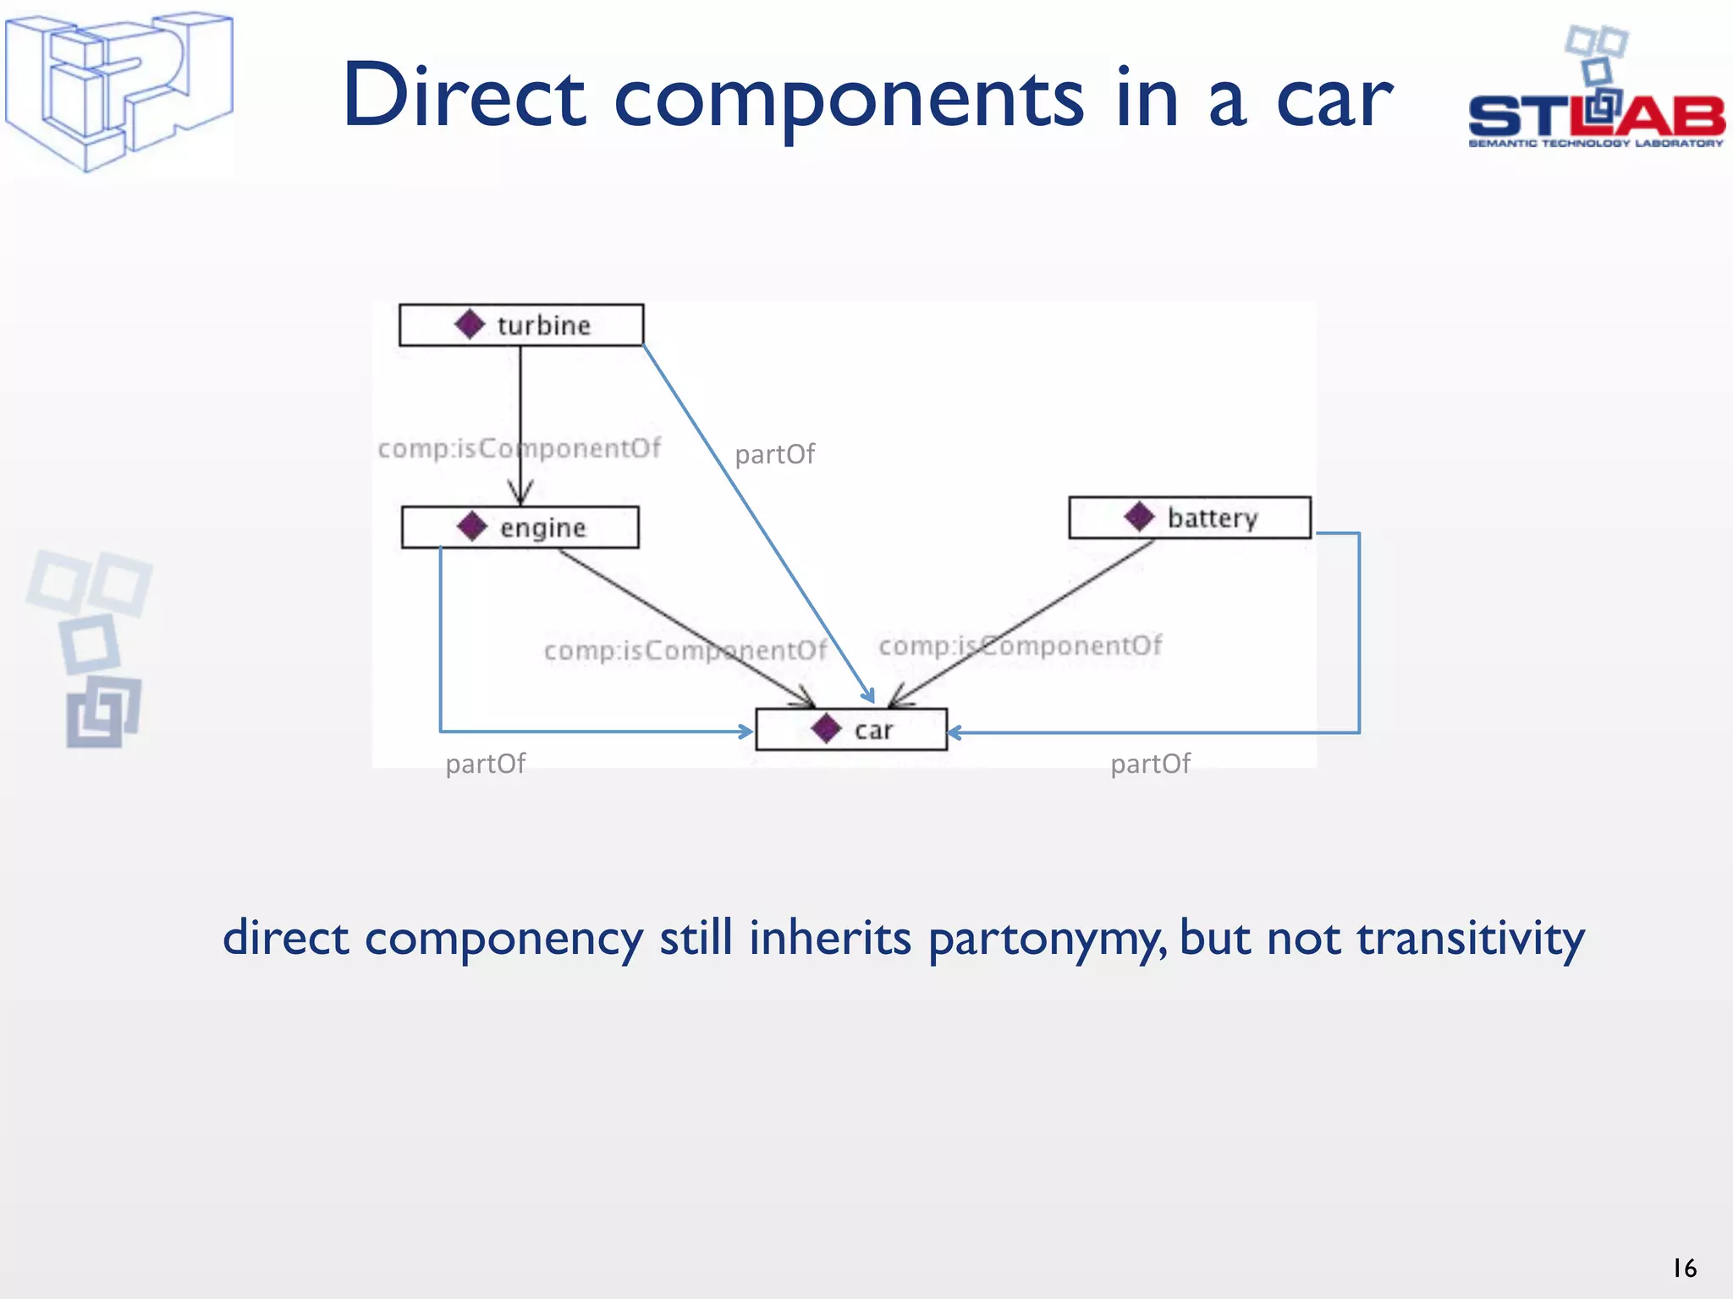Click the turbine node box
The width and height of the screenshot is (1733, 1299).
520,325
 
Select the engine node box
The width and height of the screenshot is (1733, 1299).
520,528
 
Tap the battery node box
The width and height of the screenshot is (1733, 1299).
1189,518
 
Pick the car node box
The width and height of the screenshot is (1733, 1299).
850,730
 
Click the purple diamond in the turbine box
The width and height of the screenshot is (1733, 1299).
470,324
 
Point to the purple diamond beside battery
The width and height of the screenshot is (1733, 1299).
1139,517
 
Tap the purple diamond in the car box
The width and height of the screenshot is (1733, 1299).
826,729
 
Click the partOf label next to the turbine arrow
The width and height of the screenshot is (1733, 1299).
774,455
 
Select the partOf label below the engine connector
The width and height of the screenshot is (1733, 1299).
485,765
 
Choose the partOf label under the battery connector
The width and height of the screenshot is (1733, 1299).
1150,765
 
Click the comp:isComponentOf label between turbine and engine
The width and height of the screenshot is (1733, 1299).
519,448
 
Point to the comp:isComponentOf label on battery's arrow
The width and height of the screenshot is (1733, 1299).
1020,646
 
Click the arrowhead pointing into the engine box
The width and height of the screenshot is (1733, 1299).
520,493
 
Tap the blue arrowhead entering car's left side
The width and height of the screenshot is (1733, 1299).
745,732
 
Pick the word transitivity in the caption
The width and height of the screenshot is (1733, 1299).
1470,938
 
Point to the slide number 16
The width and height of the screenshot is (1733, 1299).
1684,1268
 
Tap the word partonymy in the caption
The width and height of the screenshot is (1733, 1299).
1047,940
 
